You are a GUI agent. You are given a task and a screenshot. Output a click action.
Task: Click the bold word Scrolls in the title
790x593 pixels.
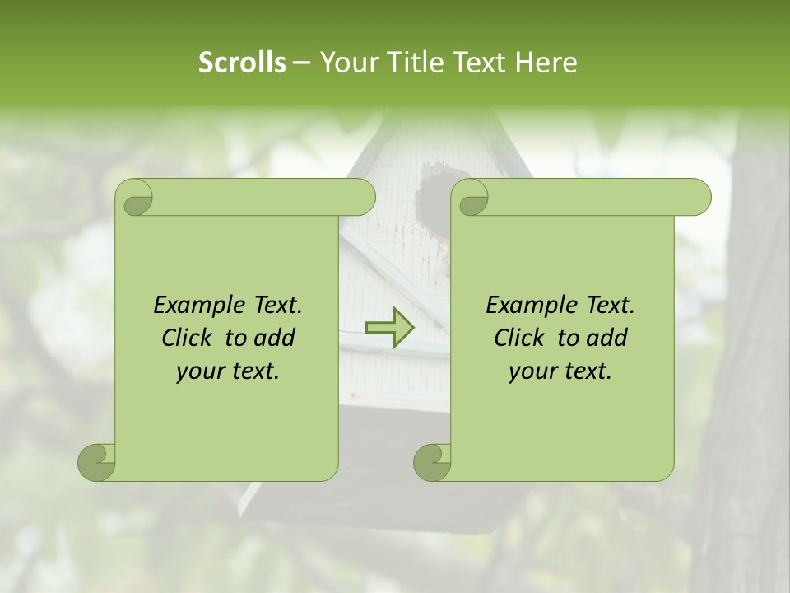tap(242, 63)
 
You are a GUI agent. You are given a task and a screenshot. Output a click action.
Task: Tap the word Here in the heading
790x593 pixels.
tap(546, 63)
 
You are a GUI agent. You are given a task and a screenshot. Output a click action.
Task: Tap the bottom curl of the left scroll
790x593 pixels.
tap(97, 461)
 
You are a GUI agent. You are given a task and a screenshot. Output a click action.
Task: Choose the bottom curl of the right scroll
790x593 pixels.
tap(433, 461)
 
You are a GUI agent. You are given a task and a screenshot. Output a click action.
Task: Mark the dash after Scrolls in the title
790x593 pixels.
tap(302, 63)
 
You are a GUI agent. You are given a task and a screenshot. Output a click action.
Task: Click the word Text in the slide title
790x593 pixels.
tap(478, 63)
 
